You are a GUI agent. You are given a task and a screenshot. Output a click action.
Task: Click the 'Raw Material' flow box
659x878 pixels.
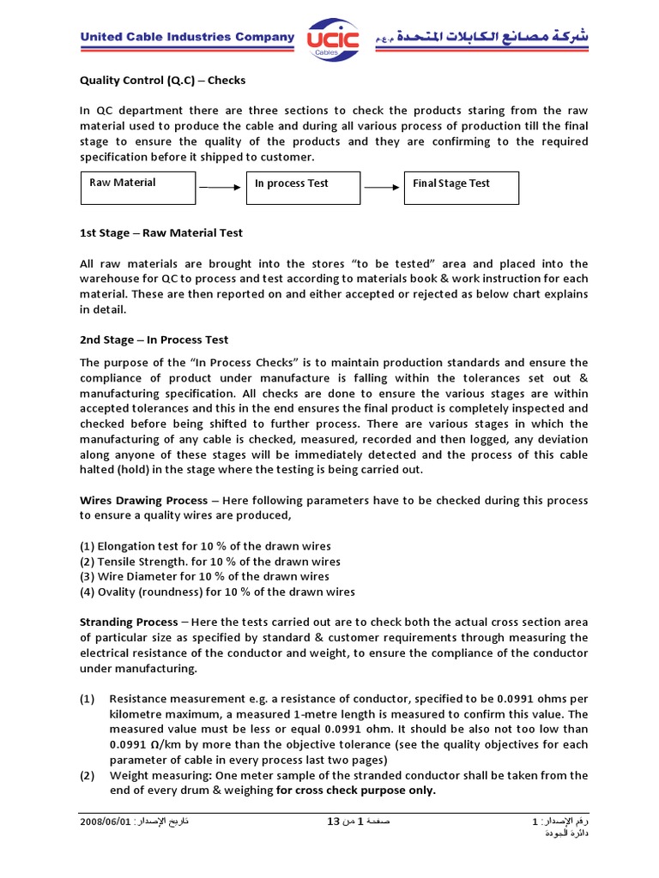click(137, 188)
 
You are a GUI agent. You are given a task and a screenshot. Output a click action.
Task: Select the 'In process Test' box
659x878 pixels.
click(303, 188)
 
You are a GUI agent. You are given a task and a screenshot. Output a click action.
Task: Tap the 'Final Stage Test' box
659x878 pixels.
click(462, 188)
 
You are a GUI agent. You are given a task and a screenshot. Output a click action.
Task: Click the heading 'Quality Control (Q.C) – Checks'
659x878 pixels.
click(163, 81)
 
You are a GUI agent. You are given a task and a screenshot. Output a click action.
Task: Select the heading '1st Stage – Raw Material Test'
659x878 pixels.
click(161, 232)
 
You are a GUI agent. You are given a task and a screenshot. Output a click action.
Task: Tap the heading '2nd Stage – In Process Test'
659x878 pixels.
click(154, 340)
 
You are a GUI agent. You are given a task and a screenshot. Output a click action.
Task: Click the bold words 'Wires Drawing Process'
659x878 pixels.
click(143, 500)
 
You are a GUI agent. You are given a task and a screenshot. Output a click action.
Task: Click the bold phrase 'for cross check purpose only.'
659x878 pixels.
click(356, 791)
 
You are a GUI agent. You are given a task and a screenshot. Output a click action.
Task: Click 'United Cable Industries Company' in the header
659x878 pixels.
click(187, 37)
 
